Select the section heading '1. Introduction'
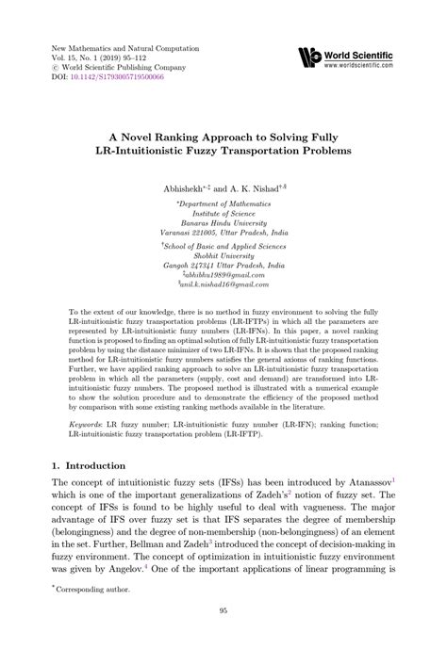point(86,465)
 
